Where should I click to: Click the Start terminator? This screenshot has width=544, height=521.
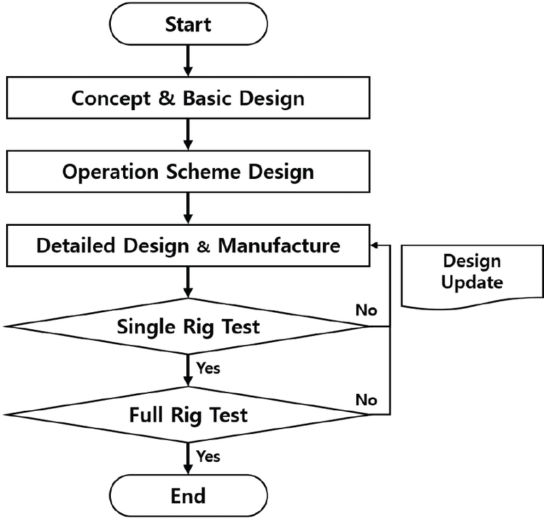pyautogui.click(x=188, y=24)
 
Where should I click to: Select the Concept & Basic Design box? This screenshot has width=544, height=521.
pyautogui.click(x=188, y=98)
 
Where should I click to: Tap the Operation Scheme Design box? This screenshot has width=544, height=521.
pyautogui.click(x=188, y=171)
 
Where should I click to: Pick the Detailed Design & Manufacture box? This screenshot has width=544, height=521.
pyautogui.click(x=188, y=245)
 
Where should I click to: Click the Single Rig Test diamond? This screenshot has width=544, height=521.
pyautogui.click(x=188, y=326)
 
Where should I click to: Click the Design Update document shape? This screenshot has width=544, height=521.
pyautogui.click(x=471, y=272)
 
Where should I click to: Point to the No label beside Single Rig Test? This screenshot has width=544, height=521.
pyautogui.click(x=366, y=311)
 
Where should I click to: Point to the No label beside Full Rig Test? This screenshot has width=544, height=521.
pyautogui.click(x=366, y=399)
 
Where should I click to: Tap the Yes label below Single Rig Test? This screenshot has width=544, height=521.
pyautogui.click(x=207, y=369)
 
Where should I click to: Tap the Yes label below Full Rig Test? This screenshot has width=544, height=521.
pyautogui.click(x=207, y=455)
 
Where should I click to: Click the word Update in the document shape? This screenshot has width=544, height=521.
pyautogui.click(x=472, y=282)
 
